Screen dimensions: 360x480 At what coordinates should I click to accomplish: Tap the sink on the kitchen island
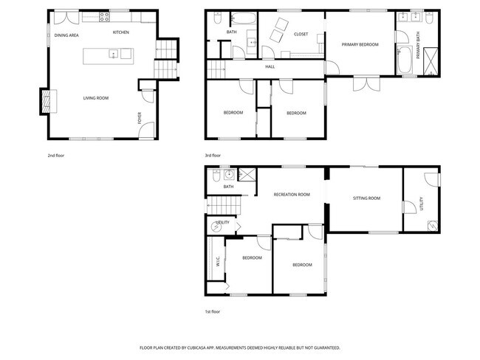[113, 53]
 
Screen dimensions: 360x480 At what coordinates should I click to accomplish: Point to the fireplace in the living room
[47, 100]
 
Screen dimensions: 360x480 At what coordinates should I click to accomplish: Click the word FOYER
[139, 117]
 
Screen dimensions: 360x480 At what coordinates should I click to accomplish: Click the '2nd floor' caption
[56, 156]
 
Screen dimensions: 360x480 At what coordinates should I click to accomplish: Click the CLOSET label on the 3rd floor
[301, 34]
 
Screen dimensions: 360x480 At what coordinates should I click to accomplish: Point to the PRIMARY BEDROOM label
[360, 45]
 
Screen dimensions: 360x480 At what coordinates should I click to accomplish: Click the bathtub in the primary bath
[406, 58]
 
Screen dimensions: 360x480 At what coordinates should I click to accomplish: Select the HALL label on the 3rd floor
[270, 67]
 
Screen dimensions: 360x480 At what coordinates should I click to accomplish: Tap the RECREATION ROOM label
[290, 194]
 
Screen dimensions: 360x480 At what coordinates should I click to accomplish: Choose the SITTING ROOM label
[366, 198]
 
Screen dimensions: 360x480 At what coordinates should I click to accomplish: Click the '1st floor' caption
[213, 311]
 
